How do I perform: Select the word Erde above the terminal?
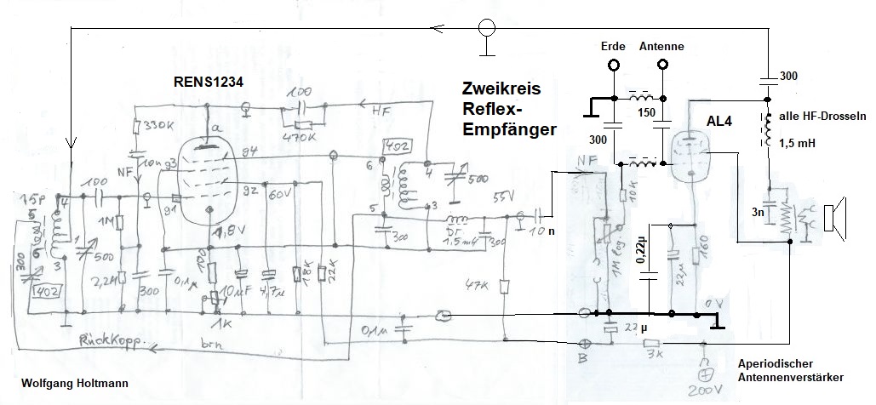point(613,46)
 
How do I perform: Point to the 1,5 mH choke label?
point(797,143)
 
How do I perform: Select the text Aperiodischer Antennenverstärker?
point(791,368)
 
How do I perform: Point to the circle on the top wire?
point(486,27)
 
